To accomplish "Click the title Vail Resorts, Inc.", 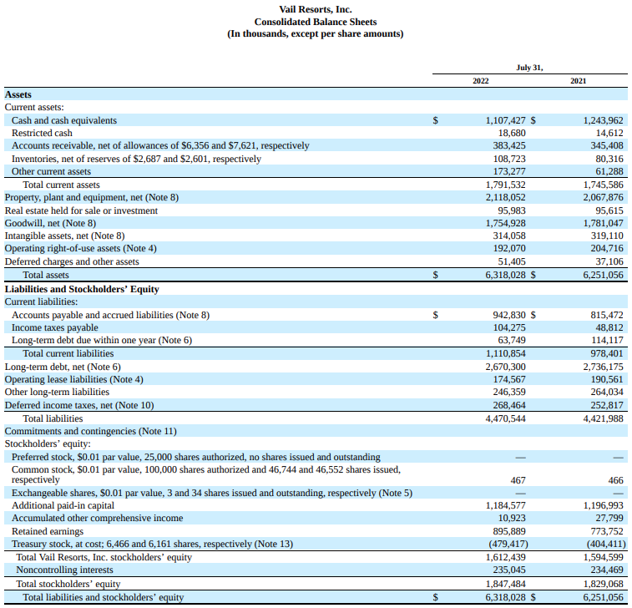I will (x=316, y=9).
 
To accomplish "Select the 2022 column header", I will (x=481, y=80).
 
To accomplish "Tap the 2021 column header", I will (x=578, y=80).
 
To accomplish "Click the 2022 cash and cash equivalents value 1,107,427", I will (x=505, y=120).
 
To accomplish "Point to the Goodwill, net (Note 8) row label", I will (x=50, y=223).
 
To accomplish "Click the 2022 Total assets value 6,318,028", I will (x=505, y=274).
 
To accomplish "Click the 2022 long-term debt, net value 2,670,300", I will (x=505, y=367).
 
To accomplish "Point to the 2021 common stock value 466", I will (x=615, y=480).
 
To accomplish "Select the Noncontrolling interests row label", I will (x=62, y=570).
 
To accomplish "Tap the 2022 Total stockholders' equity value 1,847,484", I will (x=505, y=584).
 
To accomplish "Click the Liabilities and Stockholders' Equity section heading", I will (x=82, y=289).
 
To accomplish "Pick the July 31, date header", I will (x=529, y=67).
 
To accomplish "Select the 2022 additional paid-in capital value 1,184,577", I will (x=505, y=505).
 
